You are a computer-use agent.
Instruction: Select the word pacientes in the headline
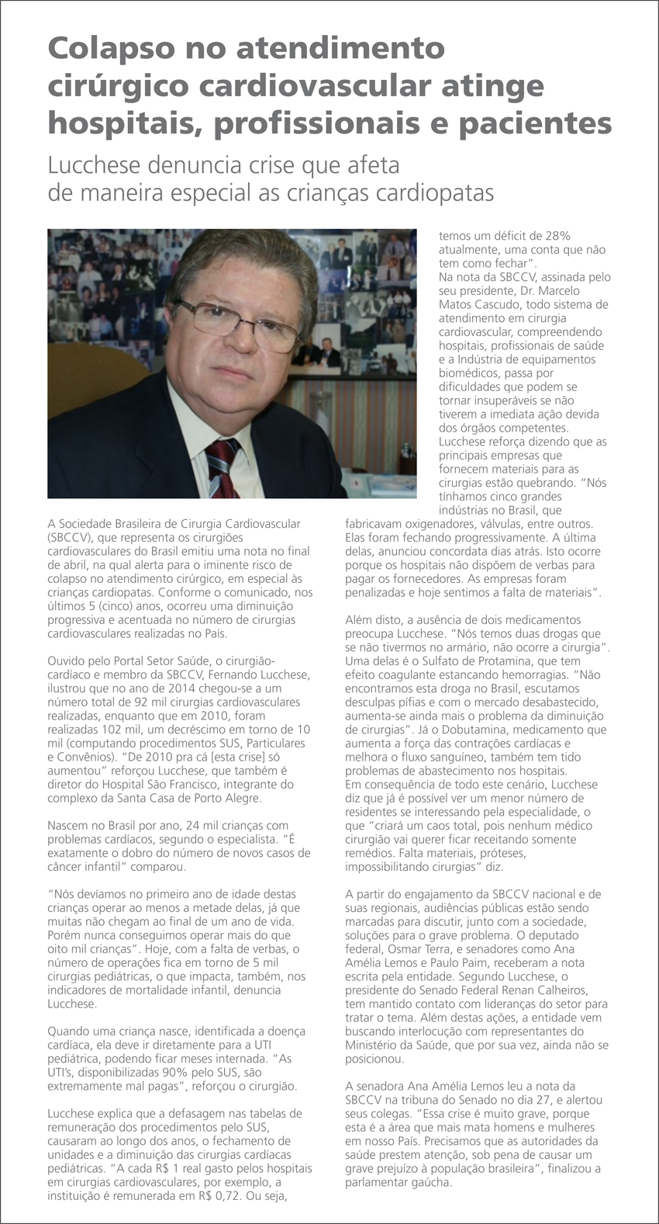(x=536, y=123)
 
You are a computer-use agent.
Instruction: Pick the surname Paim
(x=485, y=962)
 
